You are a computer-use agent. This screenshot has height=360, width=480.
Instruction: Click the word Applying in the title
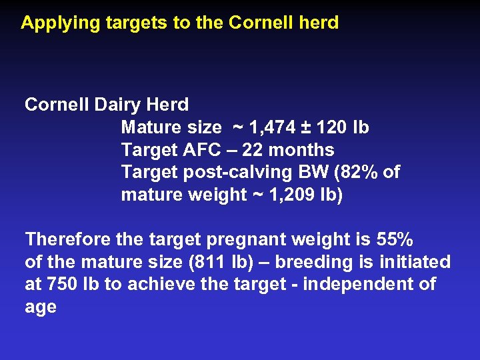coord(53,23)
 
